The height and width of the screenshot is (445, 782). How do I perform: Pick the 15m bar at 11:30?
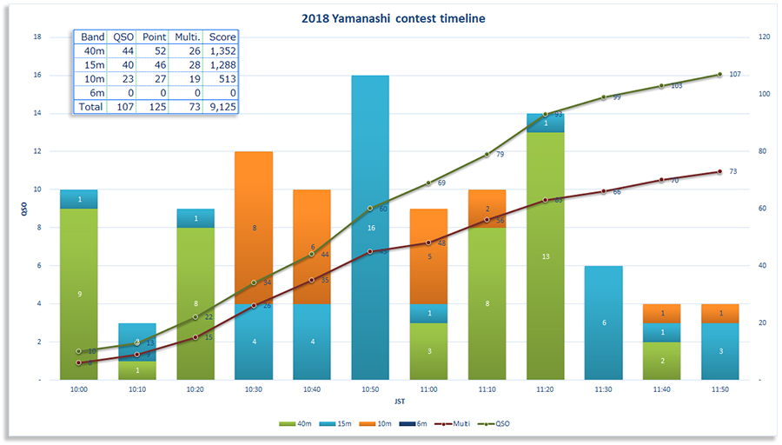[x=603, y=323]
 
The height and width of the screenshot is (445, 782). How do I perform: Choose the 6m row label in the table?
[x=91, y=93]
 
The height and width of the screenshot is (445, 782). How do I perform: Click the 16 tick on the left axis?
[x=36, y=75]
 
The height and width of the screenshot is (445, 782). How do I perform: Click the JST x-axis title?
[x=398, y=402]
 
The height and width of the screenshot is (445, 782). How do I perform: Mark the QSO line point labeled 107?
[x=719, y=75]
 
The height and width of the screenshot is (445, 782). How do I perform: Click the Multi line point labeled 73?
[x=719, y=171]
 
